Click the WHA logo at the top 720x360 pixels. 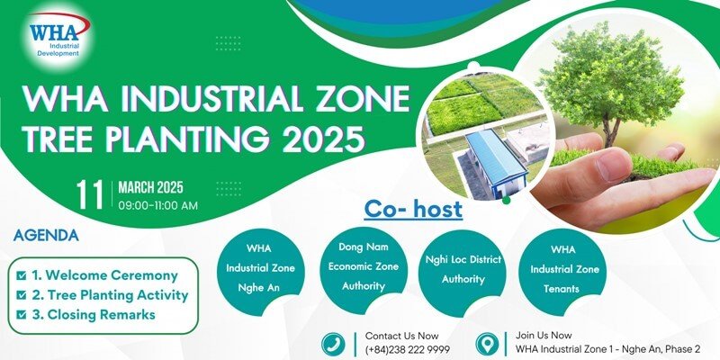click(58, 36)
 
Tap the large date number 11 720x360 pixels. click(90, 195)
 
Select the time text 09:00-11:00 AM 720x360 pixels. click(158, 205)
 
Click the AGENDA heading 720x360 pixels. click(46, 236)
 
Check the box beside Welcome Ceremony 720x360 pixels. click(21, 275)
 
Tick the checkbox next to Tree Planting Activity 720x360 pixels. click(21, 295)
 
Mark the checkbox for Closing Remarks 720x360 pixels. click(21, 315)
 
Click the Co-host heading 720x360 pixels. click(413, 210)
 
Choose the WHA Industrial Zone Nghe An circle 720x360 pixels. click(260, 268)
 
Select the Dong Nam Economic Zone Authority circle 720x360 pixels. click(364, 266)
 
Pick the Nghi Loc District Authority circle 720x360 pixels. click(463, 270)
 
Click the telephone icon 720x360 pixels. click(333, 344)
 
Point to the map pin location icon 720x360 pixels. click(487, 344)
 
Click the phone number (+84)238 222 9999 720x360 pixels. click(408, 349)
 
